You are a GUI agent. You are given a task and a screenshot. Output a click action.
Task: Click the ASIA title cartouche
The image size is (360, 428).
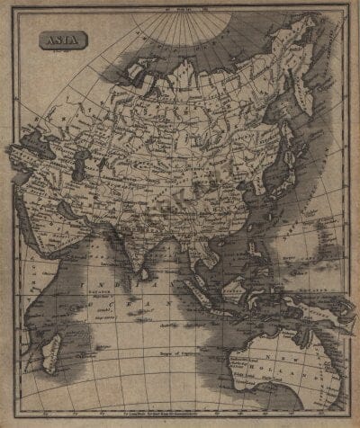(x=57, y=41)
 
